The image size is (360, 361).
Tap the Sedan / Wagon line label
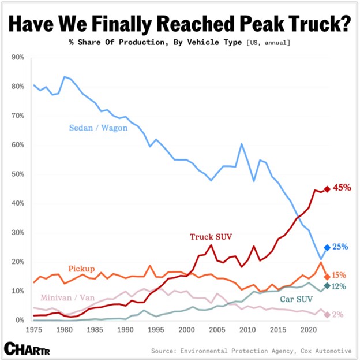98,128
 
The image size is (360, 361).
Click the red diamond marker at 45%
327,189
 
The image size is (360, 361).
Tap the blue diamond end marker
327,247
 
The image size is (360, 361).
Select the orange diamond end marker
327,277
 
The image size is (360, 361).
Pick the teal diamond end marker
327,286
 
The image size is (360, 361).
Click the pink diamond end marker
327,314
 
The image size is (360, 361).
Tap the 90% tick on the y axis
17,58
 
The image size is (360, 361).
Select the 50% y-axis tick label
17,174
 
